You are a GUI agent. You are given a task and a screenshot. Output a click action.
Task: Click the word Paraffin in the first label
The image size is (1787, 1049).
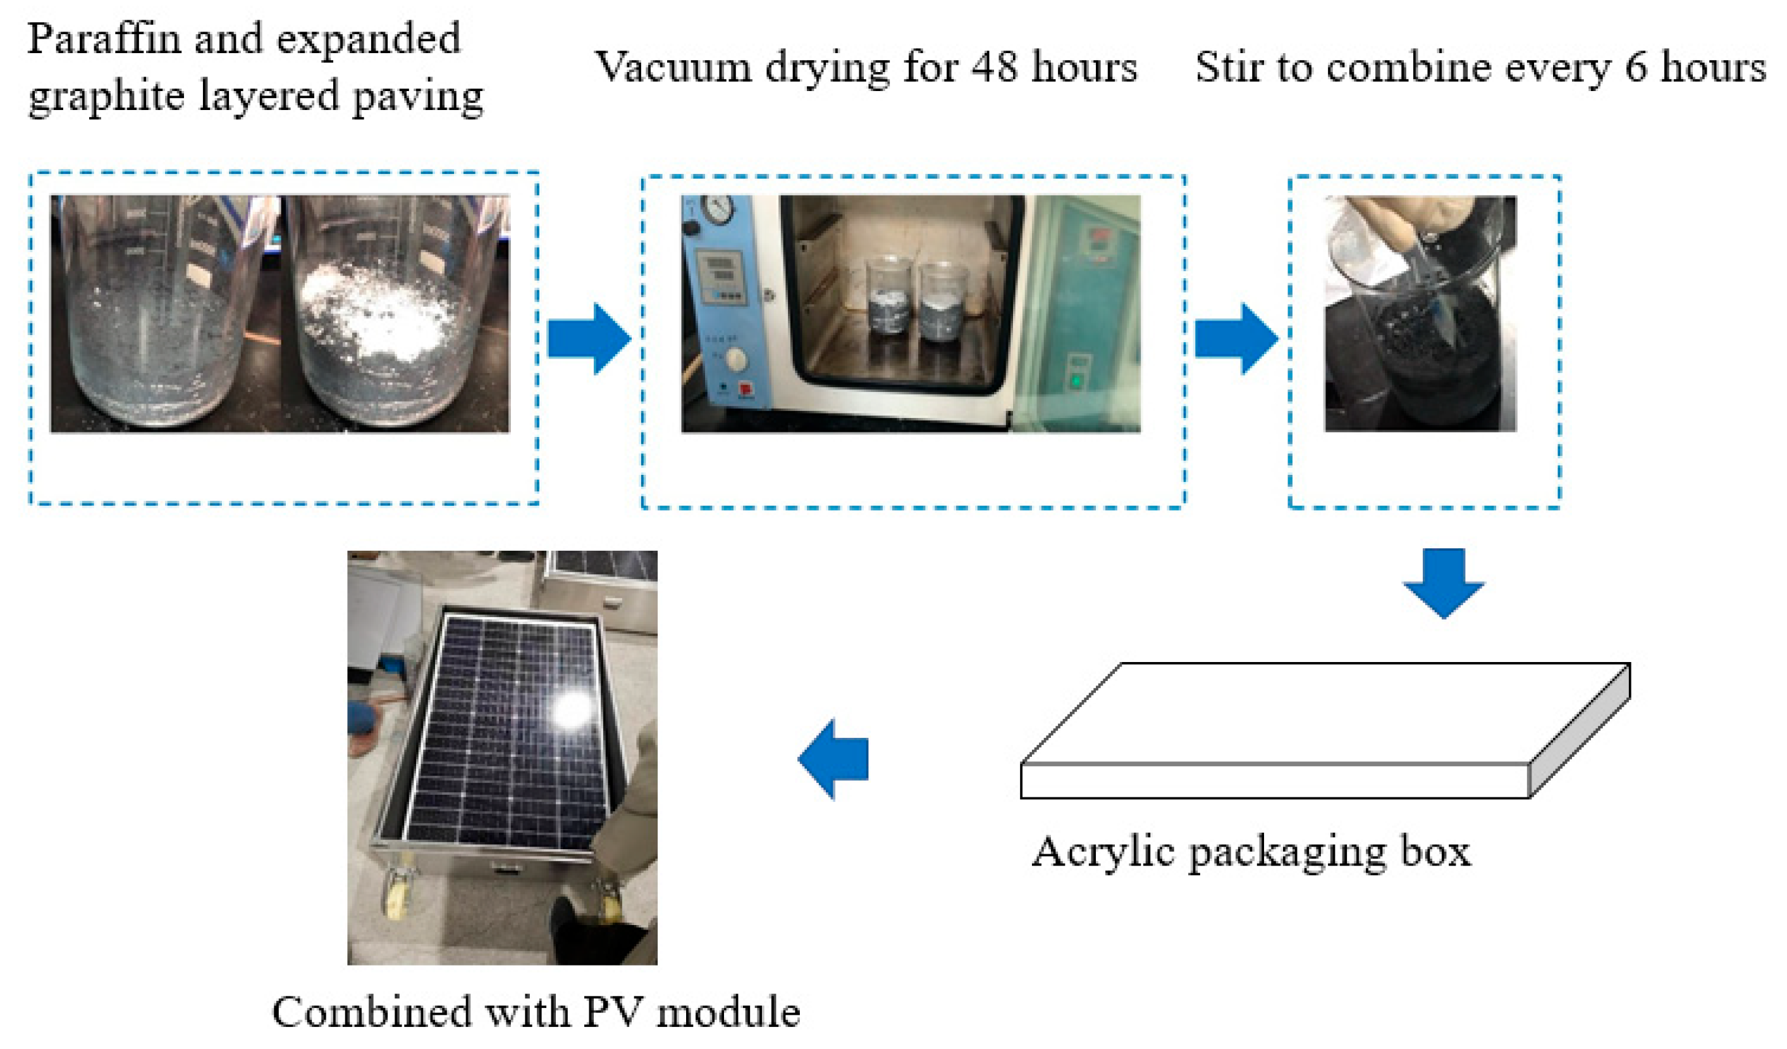click(104, 39)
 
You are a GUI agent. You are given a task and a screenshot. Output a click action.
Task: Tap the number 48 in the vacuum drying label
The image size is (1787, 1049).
click(993, 68)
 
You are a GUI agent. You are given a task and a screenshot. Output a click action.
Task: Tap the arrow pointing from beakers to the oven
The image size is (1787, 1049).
click(589, 338)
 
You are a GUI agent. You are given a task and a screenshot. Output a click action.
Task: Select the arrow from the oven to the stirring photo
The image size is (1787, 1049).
click(1236, 338)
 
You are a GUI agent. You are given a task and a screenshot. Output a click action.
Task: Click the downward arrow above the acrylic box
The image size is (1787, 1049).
click(1443, 582)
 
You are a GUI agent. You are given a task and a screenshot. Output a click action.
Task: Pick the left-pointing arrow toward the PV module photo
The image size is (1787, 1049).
click(834, 759)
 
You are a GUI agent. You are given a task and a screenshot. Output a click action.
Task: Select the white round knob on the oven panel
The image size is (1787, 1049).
click(737, 360)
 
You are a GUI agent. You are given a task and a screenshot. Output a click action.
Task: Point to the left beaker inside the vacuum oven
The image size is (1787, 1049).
click(888, 305)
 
